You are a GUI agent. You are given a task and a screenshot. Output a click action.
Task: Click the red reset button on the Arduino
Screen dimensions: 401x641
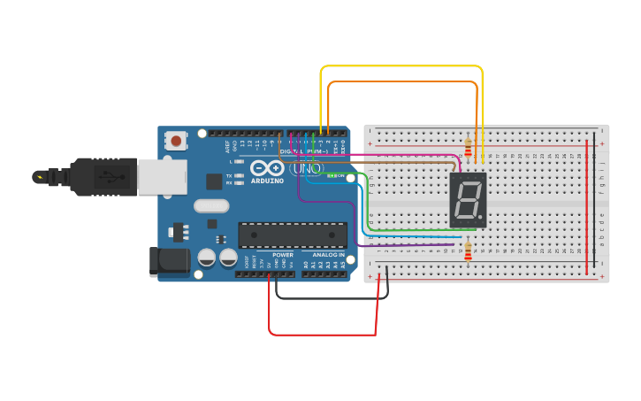click(x=177, y=141)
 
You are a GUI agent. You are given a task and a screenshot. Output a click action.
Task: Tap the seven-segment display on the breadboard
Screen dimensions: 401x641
click(x=468, y=200)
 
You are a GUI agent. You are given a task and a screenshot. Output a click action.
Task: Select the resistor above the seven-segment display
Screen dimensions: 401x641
click(x=468, y=145)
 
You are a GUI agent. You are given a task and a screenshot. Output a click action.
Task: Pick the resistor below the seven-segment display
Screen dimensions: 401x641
click(x=468, y=254)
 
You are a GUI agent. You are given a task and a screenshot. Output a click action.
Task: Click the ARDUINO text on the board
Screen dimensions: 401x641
click(x=268, y=181)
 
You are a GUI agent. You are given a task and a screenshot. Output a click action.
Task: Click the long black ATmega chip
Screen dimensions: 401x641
click(x=293, y=235)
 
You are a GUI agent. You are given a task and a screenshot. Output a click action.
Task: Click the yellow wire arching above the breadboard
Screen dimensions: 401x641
click(x=402, y=67)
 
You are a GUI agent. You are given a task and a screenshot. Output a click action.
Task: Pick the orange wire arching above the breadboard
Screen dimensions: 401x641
click(x=402, y=82)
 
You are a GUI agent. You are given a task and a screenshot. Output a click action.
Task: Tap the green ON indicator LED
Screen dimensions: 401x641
click(x=331, y=175)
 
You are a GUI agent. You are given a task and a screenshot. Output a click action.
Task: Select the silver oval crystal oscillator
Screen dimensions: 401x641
click(x=211, y=206)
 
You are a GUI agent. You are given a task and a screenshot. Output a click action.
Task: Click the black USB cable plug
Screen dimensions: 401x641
click(x=97, y=176)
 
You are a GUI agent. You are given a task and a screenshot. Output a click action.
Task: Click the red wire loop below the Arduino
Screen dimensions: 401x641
click(x=323, y=334)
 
